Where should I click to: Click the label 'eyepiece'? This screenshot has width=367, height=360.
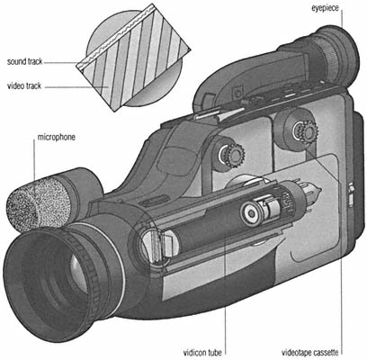coord(325,8)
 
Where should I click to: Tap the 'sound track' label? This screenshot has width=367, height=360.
coord(24,62)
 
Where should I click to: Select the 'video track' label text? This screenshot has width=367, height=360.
coord(24,86)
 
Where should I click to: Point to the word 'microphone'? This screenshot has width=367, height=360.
coord(57,137)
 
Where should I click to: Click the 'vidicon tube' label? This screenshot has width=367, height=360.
coord(202,352)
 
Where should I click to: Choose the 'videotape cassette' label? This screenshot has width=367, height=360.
coord(310,352)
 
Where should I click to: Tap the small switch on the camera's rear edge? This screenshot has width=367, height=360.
coord(351,195)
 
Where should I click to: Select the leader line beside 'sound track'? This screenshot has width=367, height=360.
coord(61,62)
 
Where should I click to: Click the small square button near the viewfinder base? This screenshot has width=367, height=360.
coord(238,93)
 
